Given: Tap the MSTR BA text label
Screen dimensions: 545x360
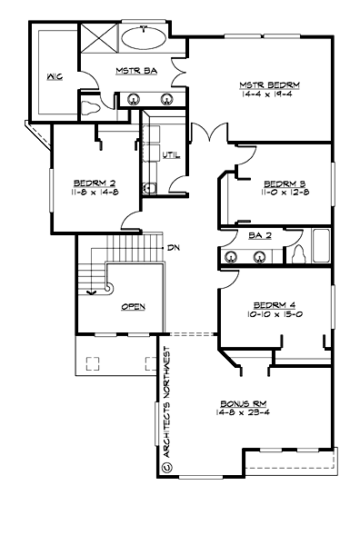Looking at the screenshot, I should click(133, 70).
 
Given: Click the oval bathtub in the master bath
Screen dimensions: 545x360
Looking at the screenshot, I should click(143, 39).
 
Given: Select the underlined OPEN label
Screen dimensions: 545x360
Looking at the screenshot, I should click(133, 307).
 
